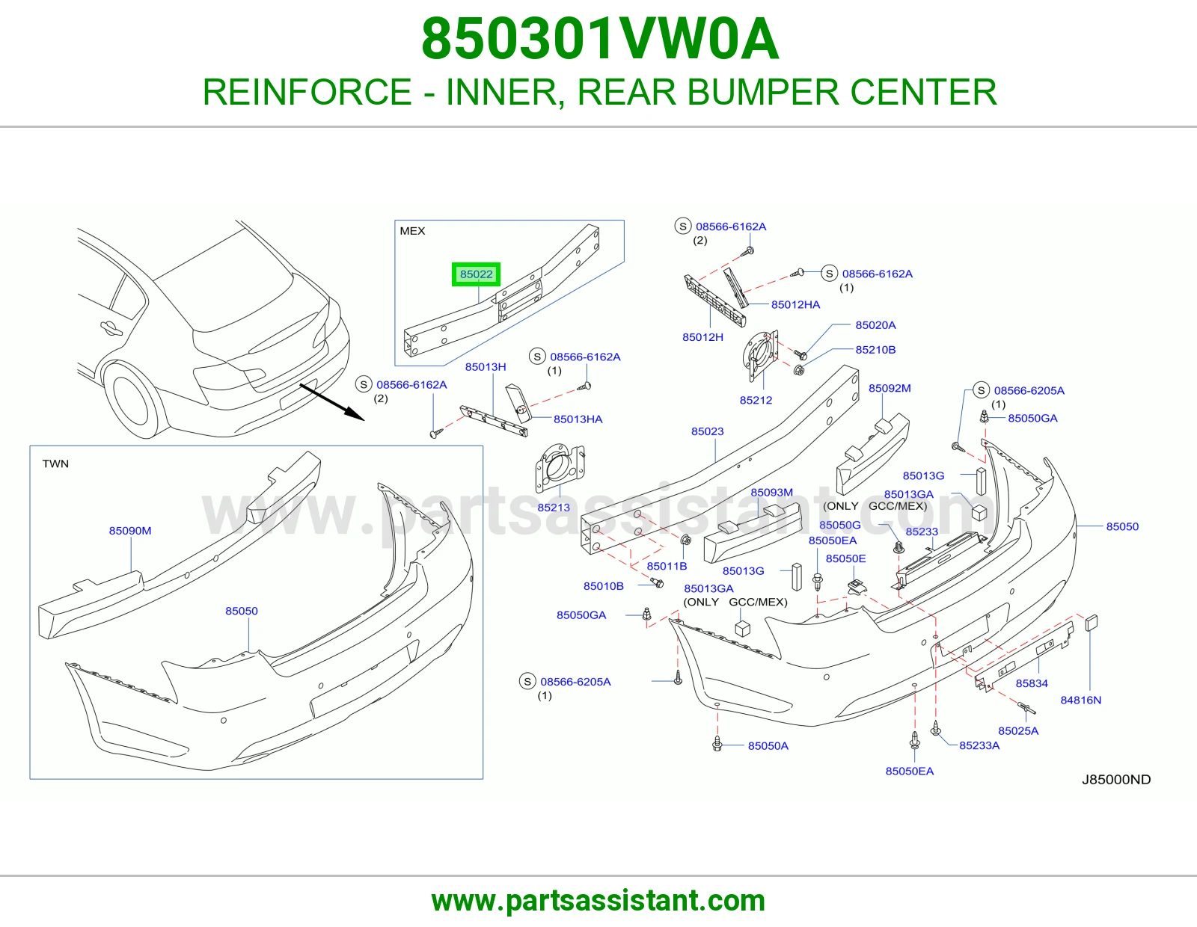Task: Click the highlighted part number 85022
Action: pyautogui.click(x=477, y=274)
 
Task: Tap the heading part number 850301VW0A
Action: pyautogui.click(x=600, y=39)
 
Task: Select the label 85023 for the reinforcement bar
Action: pyautogui.click(x=707, y=431)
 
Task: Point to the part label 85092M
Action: pyautogui.click(x=890, y=388)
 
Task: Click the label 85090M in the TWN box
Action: pyautogui.click(x=130, y=531)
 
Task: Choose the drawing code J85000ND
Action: pyautogui.click(x=1116, y=780)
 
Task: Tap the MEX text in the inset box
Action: pyautogui.click(x=412, y=231)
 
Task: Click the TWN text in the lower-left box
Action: pyautogui.click(x=55, y=463)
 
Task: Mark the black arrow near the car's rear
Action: pyautogui.click(x=332, y=402)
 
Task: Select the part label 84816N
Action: pyautogui.click(x=1081, y=700)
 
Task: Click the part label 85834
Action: pyautogui.click(x=1032, y=683)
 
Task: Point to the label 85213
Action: pyautogui.click(x=554, y=508)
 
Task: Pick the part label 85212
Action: pyautogui.click(x=756, y=400)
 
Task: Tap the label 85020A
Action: pyautogui.click(x=875, y=324)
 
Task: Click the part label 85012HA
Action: pyautogui.click(x=795, y=304)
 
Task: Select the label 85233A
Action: pyautogui.click(x=979, y=745)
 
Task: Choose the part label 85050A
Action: pyautogui.click(x=768, y=746)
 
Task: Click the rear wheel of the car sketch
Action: pyautogui.click(x=131, y=399)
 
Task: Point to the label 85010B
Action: pyautogui.click(x=603, y=586)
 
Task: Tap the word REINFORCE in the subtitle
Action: pyautogui.click(x=307, y=92)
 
